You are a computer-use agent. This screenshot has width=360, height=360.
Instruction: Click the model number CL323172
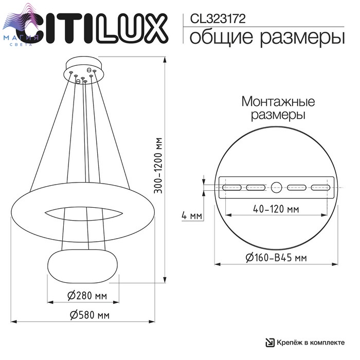pyautogui.click(x=218, y=19)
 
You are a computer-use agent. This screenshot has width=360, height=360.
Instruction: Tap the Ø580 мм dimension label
pyautogui.click(x=90, y=315)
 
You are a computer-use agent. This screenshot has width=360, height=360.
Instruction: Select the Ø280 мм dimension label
pyautogui.click(x=87, y=296)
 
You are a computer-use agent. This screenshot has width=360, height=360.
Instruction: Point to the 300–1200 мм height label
pyautogui.click(x=158, y=166)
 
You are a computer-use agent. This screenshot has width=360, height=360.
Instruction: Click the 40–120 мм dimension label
pyautogui.click(x=276, y=209)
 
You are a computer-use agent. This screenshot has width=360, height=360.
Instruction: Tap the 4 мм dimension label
pyautogui.click(x=192, y=216)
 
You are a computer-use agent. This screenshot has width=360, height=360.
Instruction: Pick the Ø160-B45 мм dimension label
pyautogui.click(x=276, y=258)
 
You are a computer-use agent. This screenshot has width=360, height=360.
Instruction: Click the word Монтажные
pyautogui.click(x=278, y=101)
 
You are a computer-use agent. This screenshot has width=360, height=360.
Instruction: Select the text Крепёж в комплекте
pyautogui.click(x=311, y=343)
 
